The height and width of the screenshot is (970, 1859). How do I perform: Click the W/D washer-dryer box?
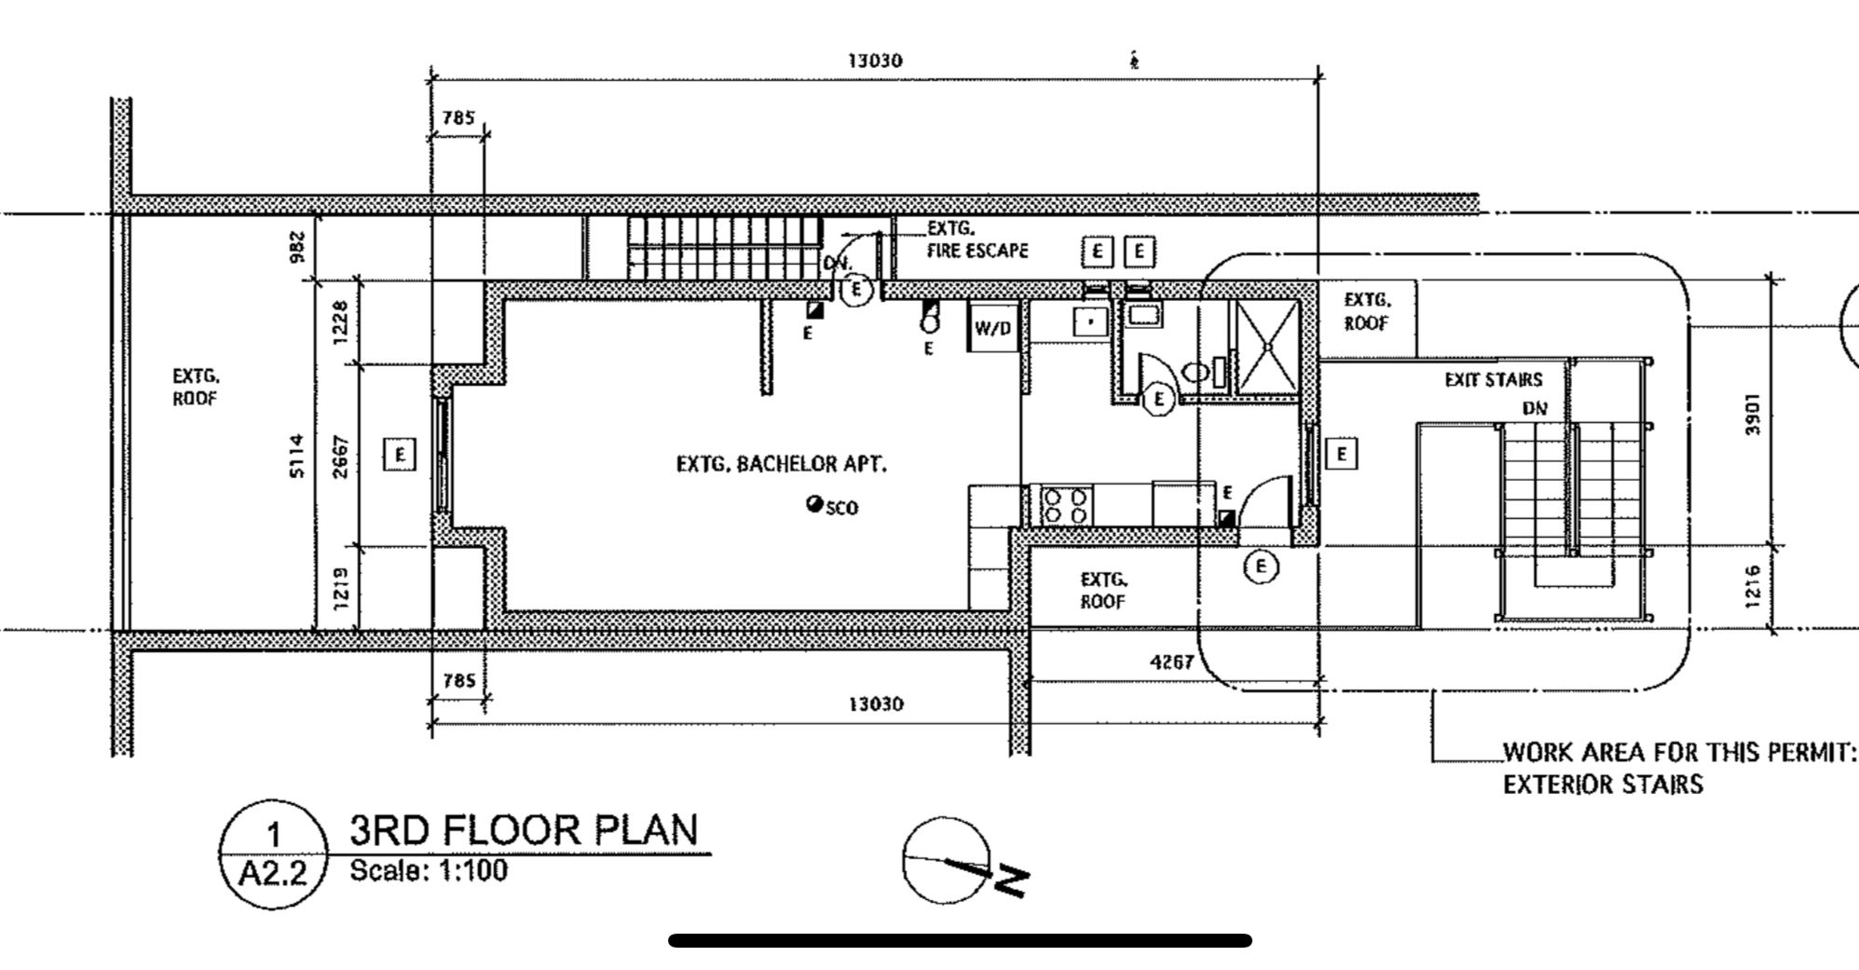(x=993, y=327)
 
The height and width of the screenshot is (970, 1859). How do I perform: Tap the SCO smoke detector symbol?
(x=814, y=504)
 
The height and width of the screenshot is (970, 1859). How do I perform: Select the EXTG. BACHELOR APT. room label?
(x=782, y=464)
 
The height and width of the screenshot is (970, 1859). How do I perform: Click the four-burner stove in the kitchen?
(x=1066, y=506)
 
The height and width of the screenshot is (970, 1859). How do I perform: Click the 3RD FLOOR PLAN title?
(x=524, y=829)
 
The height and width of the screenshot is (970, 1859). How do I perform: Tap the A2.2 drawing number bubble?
(x=273, y=854)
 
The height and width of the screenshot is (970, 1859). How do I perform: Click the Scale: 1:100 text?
(x=429, y=871)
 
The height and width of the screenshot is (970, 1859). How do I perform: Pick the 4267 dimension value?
(x=1171, y=663)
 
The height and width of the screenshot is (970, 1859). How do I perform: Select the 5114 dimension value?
(x=296, y=456)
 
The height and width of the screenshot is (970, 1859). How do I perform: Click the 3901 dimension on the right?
(x=1753, y=413)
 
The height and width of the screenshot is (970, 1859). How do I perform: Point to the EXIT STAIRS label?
(x=1493, y=380)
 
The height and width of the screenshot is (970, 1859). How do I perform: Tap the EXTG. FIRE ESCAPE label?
(x=977, y=239)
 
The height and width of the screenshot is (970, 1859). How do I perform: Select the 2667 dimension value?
(x=341, y=457)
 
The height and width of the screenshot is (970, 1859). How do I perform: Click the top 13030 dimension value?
(x=875, y=61)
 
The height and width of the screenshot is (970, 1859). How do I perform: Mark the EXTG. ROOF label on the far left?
(x=196, y=388)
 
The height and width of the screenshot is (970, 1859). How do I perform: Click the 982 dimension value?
(x=297, y=247)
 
